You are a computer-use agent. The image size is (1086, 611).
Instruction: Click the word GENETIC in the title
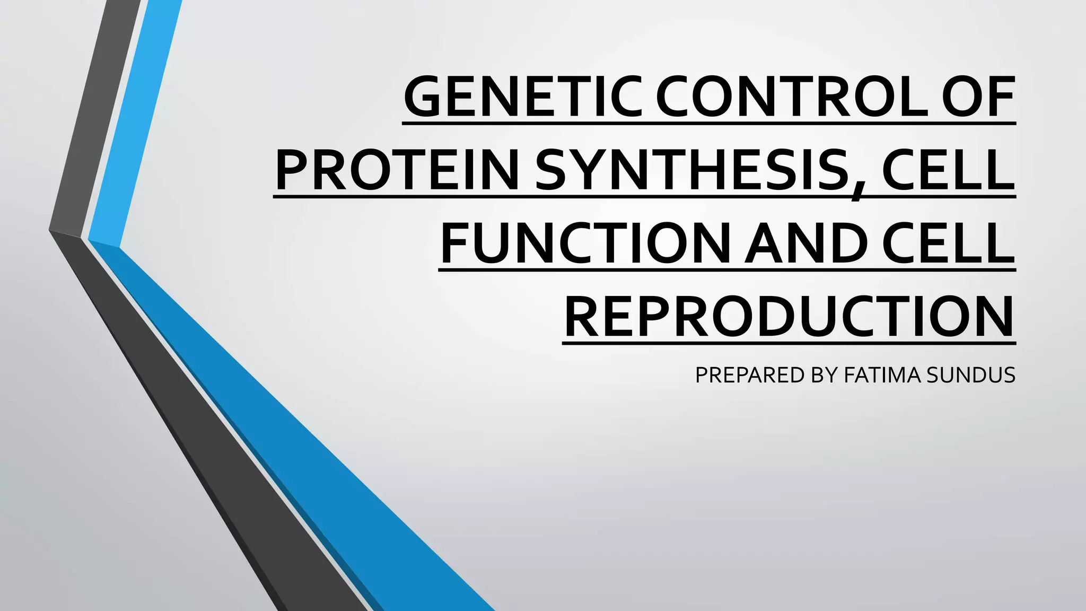pyautogui.click(x=522, y=97)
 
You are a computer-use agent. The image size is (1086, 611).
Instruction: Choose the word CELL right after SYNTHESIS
pyautogui.click(x=947, y=171)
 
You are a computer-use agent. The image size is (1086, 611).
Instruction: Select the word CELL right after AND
pyautogui.click(x=947, y=244)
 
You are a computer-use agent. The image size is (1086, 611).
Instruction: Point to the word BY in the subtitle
pyautogui.click(x=824, y=375)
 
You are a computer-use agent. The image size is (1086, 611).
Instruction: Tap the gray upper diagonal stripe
pyautogui.click(x=95, y=117)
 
